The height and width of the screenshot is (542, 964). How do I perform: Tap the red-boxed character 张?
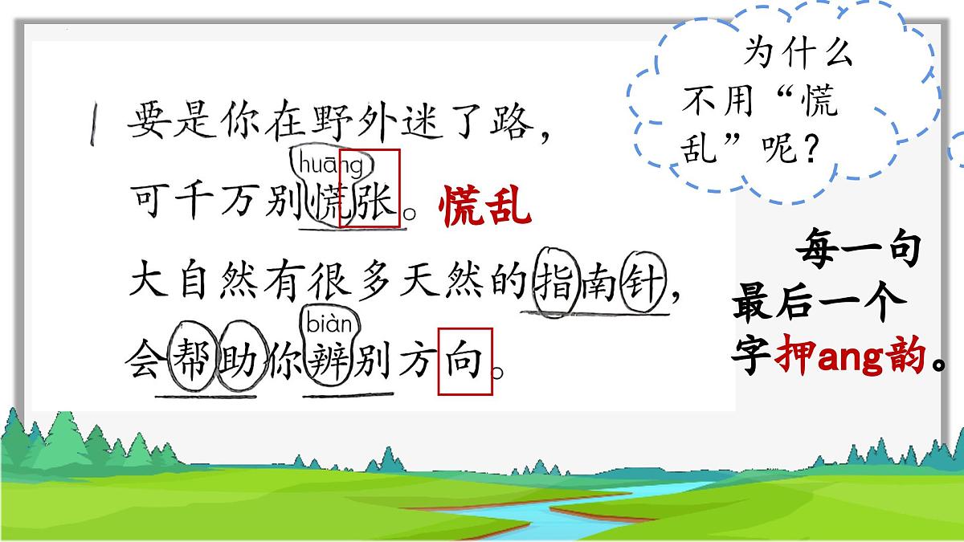tap(370, 207)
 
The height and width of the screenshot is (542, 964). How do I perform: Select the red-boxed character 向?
tap(464, 361)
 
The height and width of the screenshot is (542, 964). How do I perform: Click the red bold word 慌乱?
tap(485, 208)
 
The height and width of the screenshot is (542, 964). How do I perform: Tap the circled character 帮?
tap(193, 361)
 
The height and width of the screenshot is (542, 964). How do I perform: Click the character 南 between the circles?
tap(599, 287)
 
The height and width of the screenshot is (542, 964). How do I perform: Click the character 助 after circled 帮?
tap(238, 361)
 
